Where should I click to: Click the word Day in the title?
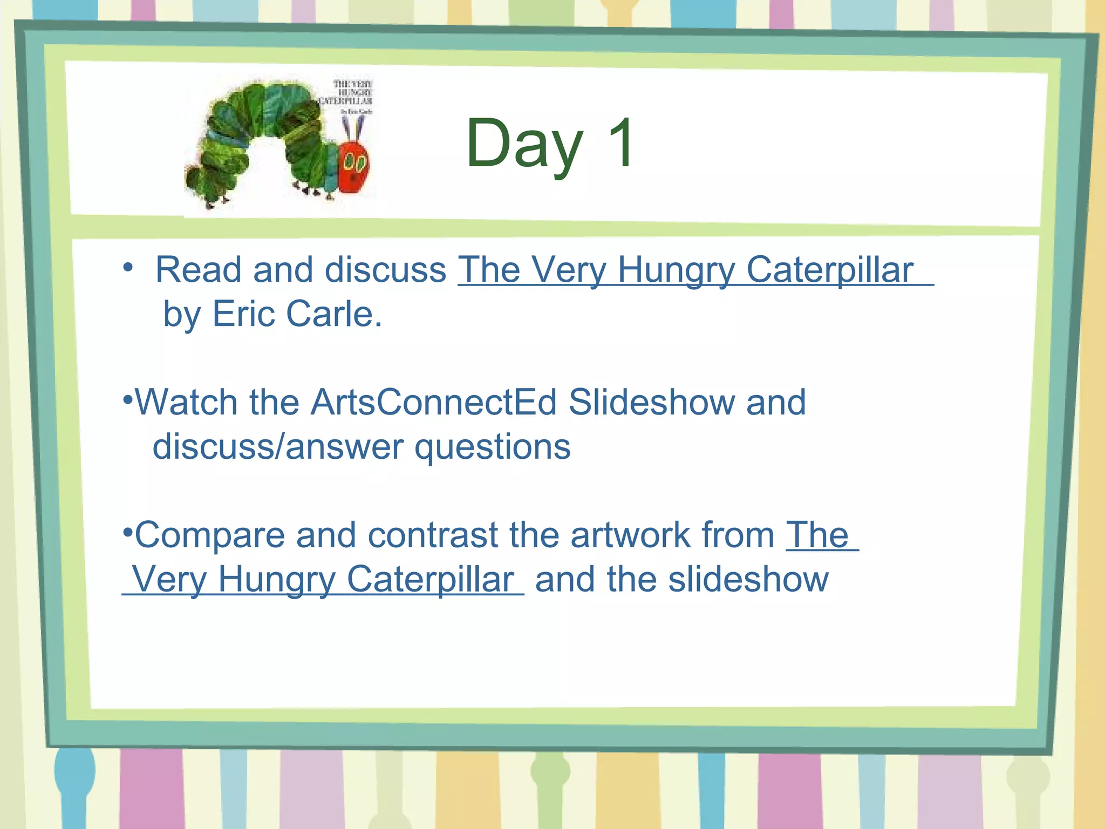coord(524,145)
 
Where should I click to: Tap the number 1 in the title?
coord(620,143)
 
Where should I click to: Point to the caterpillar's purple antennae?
coord(354,129)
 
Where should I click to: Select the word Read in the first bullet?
coord(198,269)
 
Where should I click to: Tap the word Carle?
coord(333,314)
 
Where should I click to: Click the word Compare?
coord(209,536)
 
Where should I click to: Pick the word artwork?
coord(630,535)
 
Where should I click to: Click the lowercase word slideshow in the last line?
coord(748,580)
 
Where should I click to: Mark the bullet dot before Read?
coord(127,267)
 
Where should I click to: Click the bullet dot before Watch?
coord(127,399)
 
